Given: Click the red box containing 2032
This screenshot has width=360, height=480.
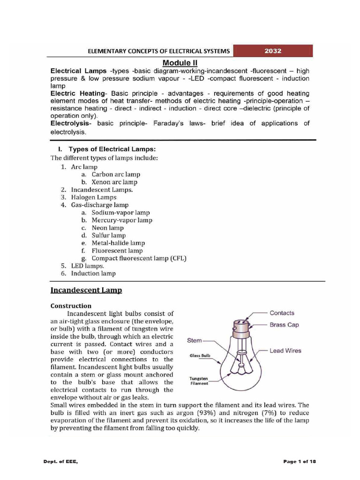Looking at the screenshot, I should (273, 51).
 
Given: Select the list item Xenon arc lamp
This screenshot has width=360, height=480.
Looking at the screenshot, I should (114, 182).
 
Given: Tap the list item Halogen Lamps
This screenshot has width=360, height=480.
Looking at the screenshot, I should (94, 197).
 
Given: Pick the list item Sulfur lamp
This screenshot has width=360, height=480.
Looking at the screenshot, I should (108, 235).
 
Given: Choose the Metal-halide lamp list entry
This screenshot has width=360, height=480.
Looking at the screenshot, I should (118, 243).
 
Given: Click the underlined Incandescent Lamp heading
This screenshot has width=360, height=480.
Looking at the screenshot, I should (86, 291).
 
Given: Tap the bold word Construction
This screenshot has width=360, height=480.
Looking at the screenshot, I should (71, 306).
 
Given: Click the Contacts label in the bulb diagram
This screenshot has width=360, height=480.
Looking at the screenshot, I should (282, 313).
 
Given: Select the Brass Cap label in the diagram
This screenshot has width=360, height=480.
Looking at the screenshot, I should (284, 324).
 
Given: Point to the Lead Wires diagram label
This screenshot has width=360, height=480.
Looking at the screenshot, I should (285, 351).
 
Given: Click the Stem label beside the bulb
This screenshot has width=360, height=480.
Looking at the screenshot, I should (195, 340).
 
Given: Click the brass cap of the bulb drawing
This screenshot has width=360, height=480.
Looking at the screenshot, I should (244, 329).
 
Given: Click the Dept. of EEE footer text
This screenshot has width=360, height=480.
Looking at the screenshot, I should (60, 462).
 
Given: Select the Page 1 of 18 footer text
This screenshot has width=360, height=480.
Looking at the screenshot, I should (300, 462).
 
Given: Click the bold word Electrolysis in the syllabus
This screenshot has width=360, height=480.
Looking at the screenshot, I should (72, 123).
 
